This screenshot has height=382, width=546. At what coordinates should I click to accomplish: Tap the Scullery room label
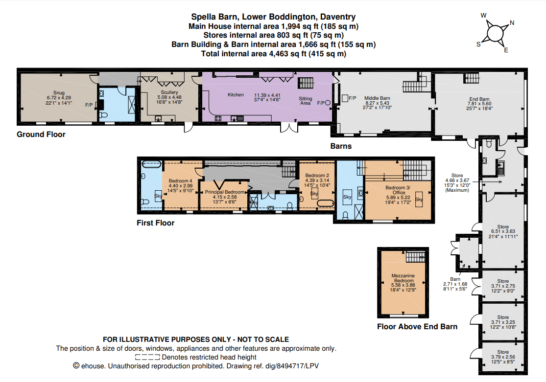tap(168, 92)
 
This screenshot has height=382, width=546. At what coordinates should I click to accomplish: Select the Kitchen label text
tap(236, 94)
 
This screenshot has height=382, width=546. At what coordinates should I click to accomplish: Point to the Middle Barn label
tap(377, 98)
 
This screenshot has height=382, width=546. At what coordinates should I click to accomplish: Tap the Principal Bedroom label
tap(224, 192)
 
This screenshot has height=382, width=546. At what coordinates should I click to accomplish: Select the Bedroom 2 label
tap(317, 175)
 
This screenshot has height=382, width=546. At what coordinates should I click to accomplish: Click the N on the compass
tap(512, 22)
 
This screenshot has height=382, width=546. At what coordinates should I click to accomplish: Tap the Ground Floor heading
tap(41, 135)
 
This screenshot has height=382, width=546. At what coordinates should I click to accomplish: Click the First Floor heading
tap(155, 223)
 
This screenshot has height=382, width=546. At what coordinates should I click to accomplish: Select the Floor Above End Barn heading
tap(417, 327)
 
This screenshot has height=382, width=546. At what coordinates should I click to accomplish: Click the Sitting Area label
tap(306, 101)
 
